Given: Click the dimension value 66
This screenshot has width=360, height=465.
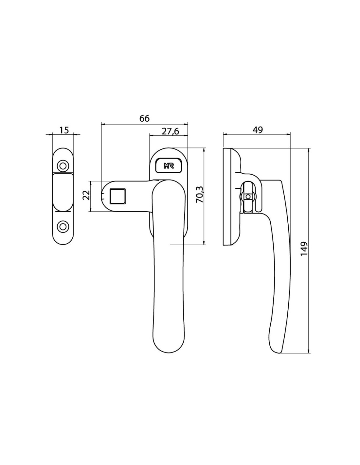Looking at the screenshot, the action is [x=144, y=118].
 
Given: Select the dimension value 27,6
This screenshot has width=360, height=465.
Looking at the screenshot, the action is [x=170, y=131].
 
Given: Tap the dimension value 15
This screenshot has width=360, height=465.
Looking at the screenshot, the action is [x=64, y=130].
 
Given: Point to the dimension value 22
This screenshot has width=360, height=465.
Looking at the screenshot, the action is [x=86, y=195].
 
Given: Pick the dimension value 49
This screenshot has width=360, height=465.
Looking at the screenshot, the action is [x=258, y=130].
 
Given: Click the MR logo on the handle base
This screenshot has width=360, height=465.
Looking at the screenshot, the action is [x=169, y=166].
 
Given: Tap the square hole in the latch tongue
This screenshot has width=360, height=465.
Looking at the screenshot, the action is [x=117, y=196].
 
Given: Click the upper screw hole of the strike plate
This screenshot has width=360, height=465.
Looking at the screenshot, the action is [x=63, y=166].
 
